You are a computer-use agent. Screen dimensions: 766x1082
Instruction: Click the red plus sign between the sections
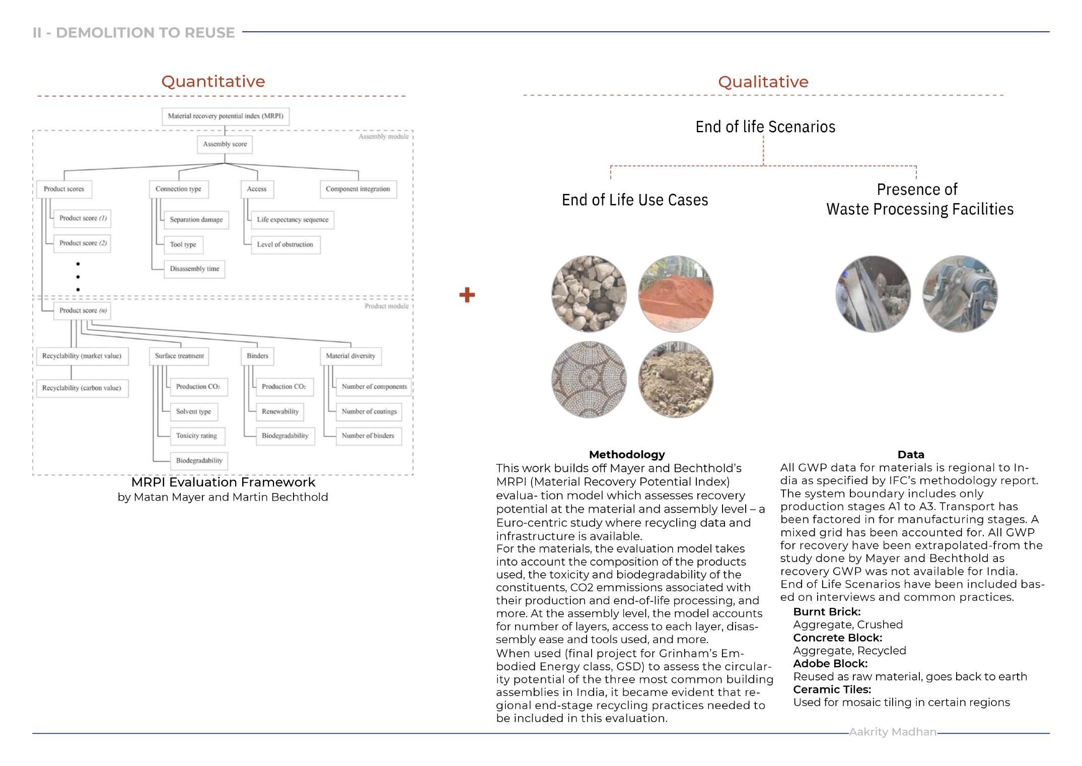pos(467,295)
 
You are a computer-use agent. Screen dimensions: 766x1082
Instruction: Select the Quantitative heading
pos(213,82)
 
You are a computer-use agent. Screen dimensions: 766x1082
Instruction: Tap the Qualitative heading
pos(763,82)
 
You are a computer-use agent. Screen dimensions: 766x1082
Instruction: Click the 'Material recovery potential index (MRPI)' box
pos(225,116)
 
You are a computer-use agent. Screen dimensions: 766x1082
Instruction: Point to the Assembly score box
pos(225,145)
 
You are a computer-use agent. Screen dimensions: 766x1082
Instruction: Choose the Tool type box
pos(183,245)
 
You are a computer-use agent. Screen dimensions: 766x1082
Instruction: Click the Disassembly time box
pos(194,269)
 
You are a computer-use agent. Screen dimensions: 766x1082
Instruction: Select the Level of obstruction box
pos(285,245)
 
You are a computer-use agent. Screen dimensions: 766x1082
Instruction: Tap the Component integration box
pos(357,189)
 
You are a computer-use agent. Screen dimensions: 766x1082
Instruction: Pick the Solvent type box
pos(193,411)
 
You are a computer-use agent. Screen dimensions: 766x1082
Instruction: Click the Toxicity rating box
pos(196,436)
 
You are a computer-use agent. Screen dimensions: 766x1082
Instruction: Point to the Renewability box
pos(280,411)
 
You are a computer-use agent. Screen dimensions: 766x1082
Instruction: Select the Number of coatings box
pos(369,411)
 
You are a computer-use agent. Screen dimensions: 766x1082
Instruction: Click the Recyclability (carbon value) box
pos(82,388)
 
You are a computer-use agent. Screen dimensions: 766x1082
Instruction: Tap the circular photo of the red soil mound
pos(676,294)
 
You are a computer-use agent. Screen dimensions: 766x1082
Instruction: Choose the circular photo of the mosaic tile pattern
pos(589,379)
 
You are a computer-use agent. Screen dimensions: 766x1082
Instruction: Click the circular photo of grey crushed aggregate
pos(589,294)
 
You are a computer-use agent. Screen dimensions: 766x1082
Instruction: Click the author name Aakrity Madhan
pos(892,732)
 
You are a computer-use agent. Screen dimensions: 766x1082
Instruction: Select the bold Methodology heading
pos(626,454)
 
